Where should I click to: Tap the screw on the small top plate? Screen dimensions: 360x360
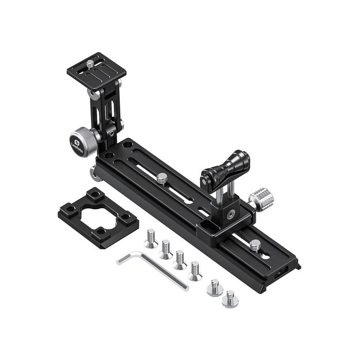coord(91,64)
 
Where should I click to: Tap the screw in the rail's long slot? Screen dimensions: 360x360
coord(163,178)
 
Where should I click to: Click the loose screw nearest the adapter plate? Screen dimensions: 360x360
coord(150,238)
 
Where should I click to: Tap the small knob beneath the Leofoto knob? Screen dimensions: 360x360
coord(95,173)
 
